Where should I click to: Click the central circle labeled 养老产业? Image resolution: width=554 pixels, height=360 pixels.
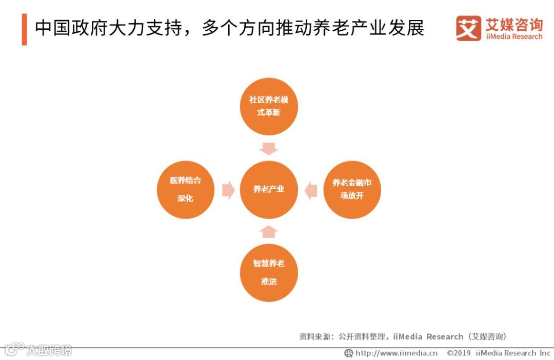tap(268, 189)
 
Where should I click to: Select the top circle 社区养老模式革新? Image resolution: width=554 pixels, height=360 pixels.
tap(268, 106)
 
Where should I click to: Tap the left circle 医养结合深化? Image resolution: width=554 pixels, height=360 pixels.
tap(185, 190)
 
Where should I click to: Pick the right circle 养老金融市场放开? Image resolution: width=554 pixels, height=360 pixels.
tap(352, 189)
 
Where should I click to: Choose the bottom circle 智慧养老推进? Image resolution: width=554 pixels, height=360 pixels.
tap(268, 272)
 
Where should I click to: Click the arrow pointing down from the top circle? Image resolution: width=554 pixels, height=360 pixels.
tap(268, 148)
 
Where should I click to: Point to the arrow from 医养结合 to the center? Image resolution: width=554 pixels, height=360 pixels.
tap(228, 190)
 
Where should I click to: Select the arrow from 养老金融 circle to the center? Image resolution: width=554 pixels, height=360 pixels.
tap(310, 190)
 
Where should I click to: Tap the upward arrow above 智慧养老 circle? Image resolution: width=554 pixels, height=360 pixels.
tap(268, 231)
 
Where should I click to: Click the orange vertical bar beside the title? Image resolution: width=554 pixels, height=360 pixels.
tap(24, 29)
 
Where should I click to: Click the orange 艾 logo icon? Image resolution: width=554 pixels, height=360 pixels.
tap(468, 28)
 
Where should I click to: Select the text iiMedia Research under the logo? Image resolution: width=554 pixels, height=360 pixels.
tap(514, 37)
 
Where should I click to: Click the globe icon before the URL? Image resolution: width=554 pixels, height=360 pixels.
tap(349, 353)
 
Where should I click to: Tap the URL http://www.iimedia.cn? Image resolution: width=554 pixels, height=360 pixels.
tap(397, 353)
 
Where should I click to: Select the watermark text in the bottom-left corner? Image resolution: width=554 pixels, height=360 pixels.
tap(38, 350)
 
